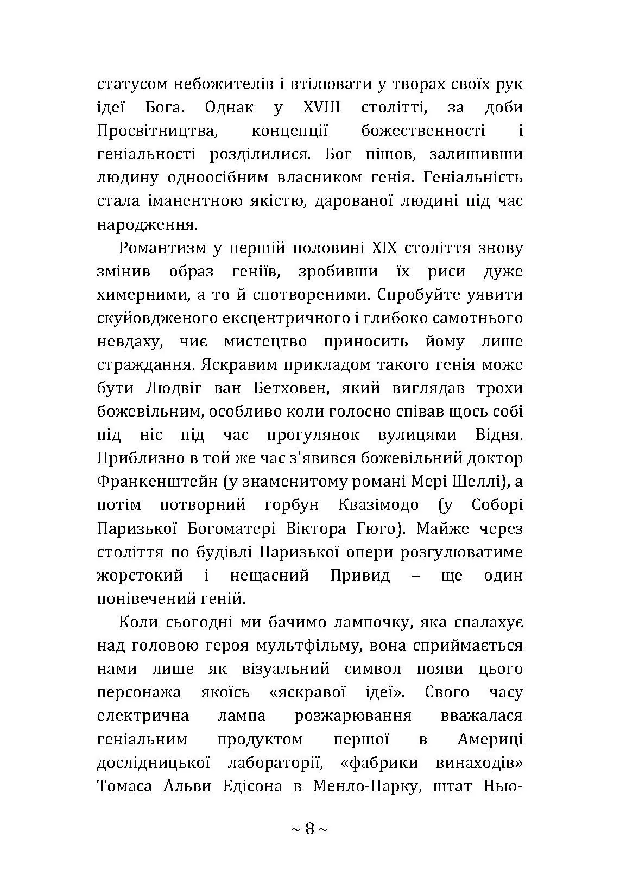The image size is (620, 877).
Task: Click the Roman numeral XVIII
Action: [322, 107]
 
